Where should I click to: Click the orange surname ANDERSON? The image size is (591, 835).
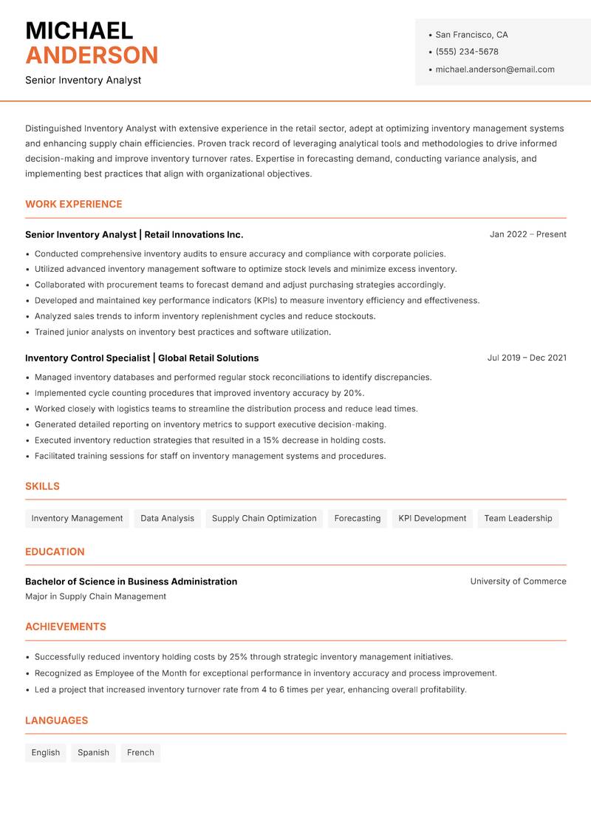click(x=92, y=55)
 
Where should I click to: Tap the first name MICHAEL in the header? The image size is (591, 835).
click(x=79, y=30)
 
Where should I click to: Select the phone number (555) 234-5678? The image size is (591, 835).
click(x=466, y=52)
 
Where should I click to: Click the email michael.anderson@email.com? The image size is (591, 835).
click(x=494, y=69)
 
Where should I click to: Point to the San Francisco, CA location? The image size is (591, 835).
click(x=471, y=35)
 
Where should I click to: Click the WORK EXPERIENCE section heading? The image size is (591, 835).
click(x=74, y=204)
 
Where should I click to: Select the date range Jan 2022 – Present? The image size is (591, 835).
click(x=527, y=234)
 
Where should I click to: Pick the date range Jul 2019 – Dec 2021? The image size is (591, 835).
click(x=527, y=358)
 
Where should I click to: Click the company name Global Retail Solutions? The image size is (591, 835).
click(x=208, y=358)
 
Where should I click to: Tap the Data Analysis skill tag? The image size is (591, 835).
click(x=167, y=518)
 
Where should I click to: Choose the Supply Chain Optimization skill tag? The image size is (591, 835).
click(x=264, y=518)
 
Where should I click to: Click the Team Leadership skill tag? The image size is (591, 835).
click(x=518, y=518)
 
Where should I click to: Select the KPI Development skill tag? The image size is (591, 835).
click(x=432, y=518)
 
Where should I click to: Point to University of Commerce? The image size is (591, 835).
click(x=518, y=582)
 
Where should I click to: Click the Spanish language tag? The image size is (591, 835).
click(x=93, y=752)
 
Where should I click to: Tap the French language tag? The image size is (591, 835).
click(x=140, y=752)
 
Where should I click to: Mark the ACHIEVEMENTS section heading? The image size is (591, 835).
click(x=66, y=627)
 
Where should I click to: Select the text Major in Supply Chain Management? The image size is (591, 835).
click(x=95, y=596)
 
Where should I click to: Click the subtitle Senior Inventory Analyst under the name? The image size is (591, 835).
click(x=83, y=80)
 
